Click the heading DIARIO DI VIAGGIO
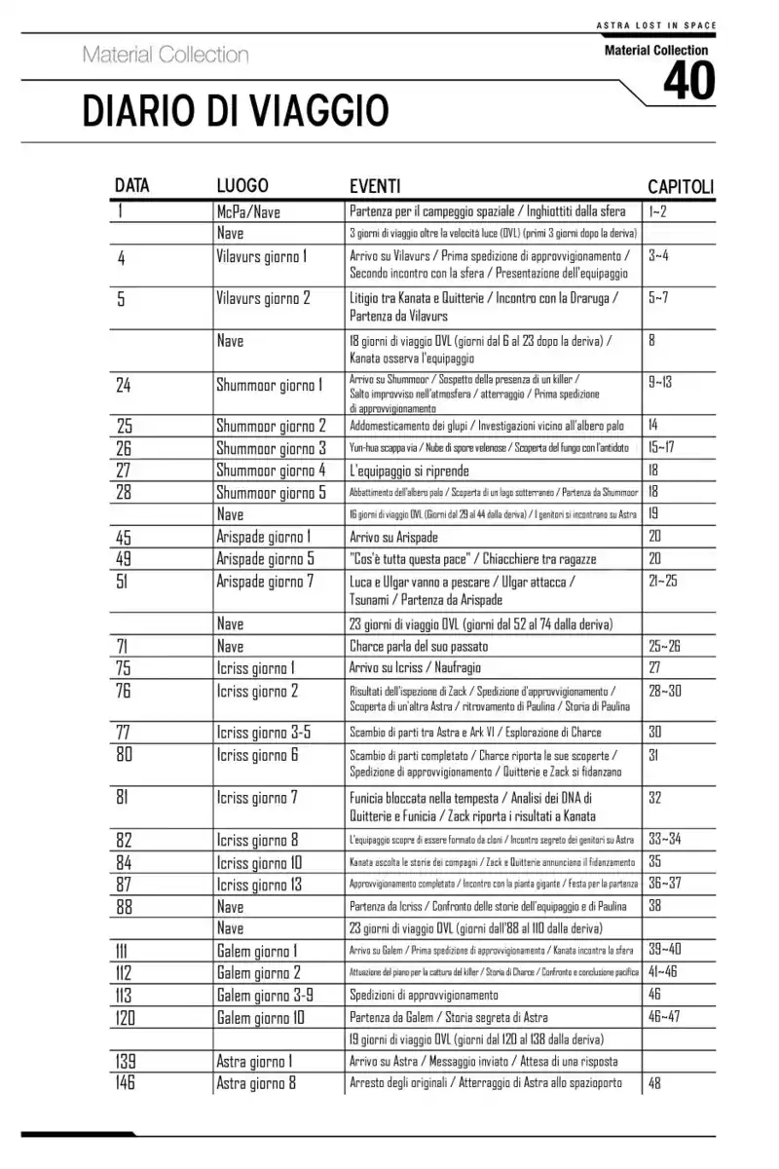pos(236,111)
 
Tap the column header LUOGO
pos(242,186)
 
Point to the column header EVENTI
pos(375,186)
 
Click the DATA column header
pos(132,186)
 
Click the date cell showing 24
pos(124,385)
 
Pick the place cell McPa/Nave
pos(248,211)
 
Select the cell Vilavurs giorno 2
pos(263,298)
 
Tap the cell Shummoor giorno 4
pos(271,471)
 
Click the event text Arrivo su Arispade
pos(393,537)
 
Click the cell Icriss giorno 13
pos(259,885)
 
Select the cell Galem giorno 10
pos(260,1018)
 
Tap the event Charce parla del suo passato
pos(419,646)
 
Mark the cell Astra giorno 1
pos(255,1062)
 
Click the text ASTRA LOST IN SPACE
pos(654,25)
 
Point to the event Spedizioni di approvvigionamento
pos(424,995)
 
